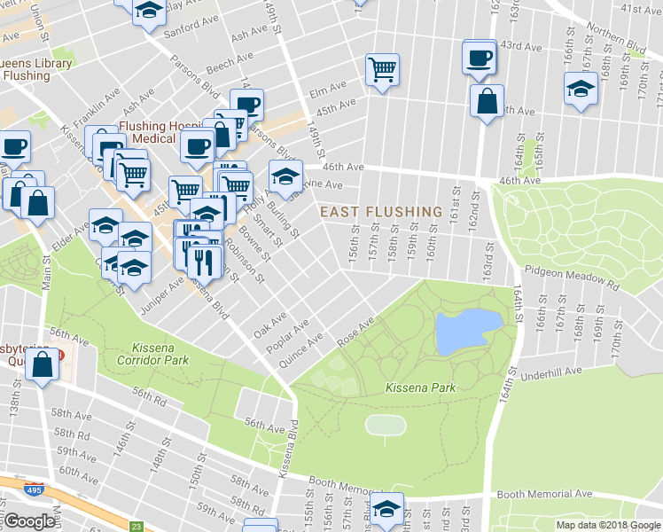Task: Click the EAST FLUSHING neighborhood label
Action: click(x=380, y=212)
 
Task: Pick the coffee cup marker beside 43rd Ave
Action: click(x=480, y=58)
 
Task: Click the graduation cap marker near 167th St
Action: click(x=581, y=89)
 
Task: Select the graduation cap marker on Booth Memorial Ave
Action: click(x=386, y=510)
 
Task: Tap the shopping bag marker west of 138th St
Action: click(x=43, y=364)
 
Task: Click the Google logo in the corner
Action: click(x=30, y=520)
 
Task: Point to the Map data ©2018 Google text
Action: click(x=607, y=525)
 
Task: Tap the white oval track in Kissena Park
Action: click(x=385, y=425)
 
